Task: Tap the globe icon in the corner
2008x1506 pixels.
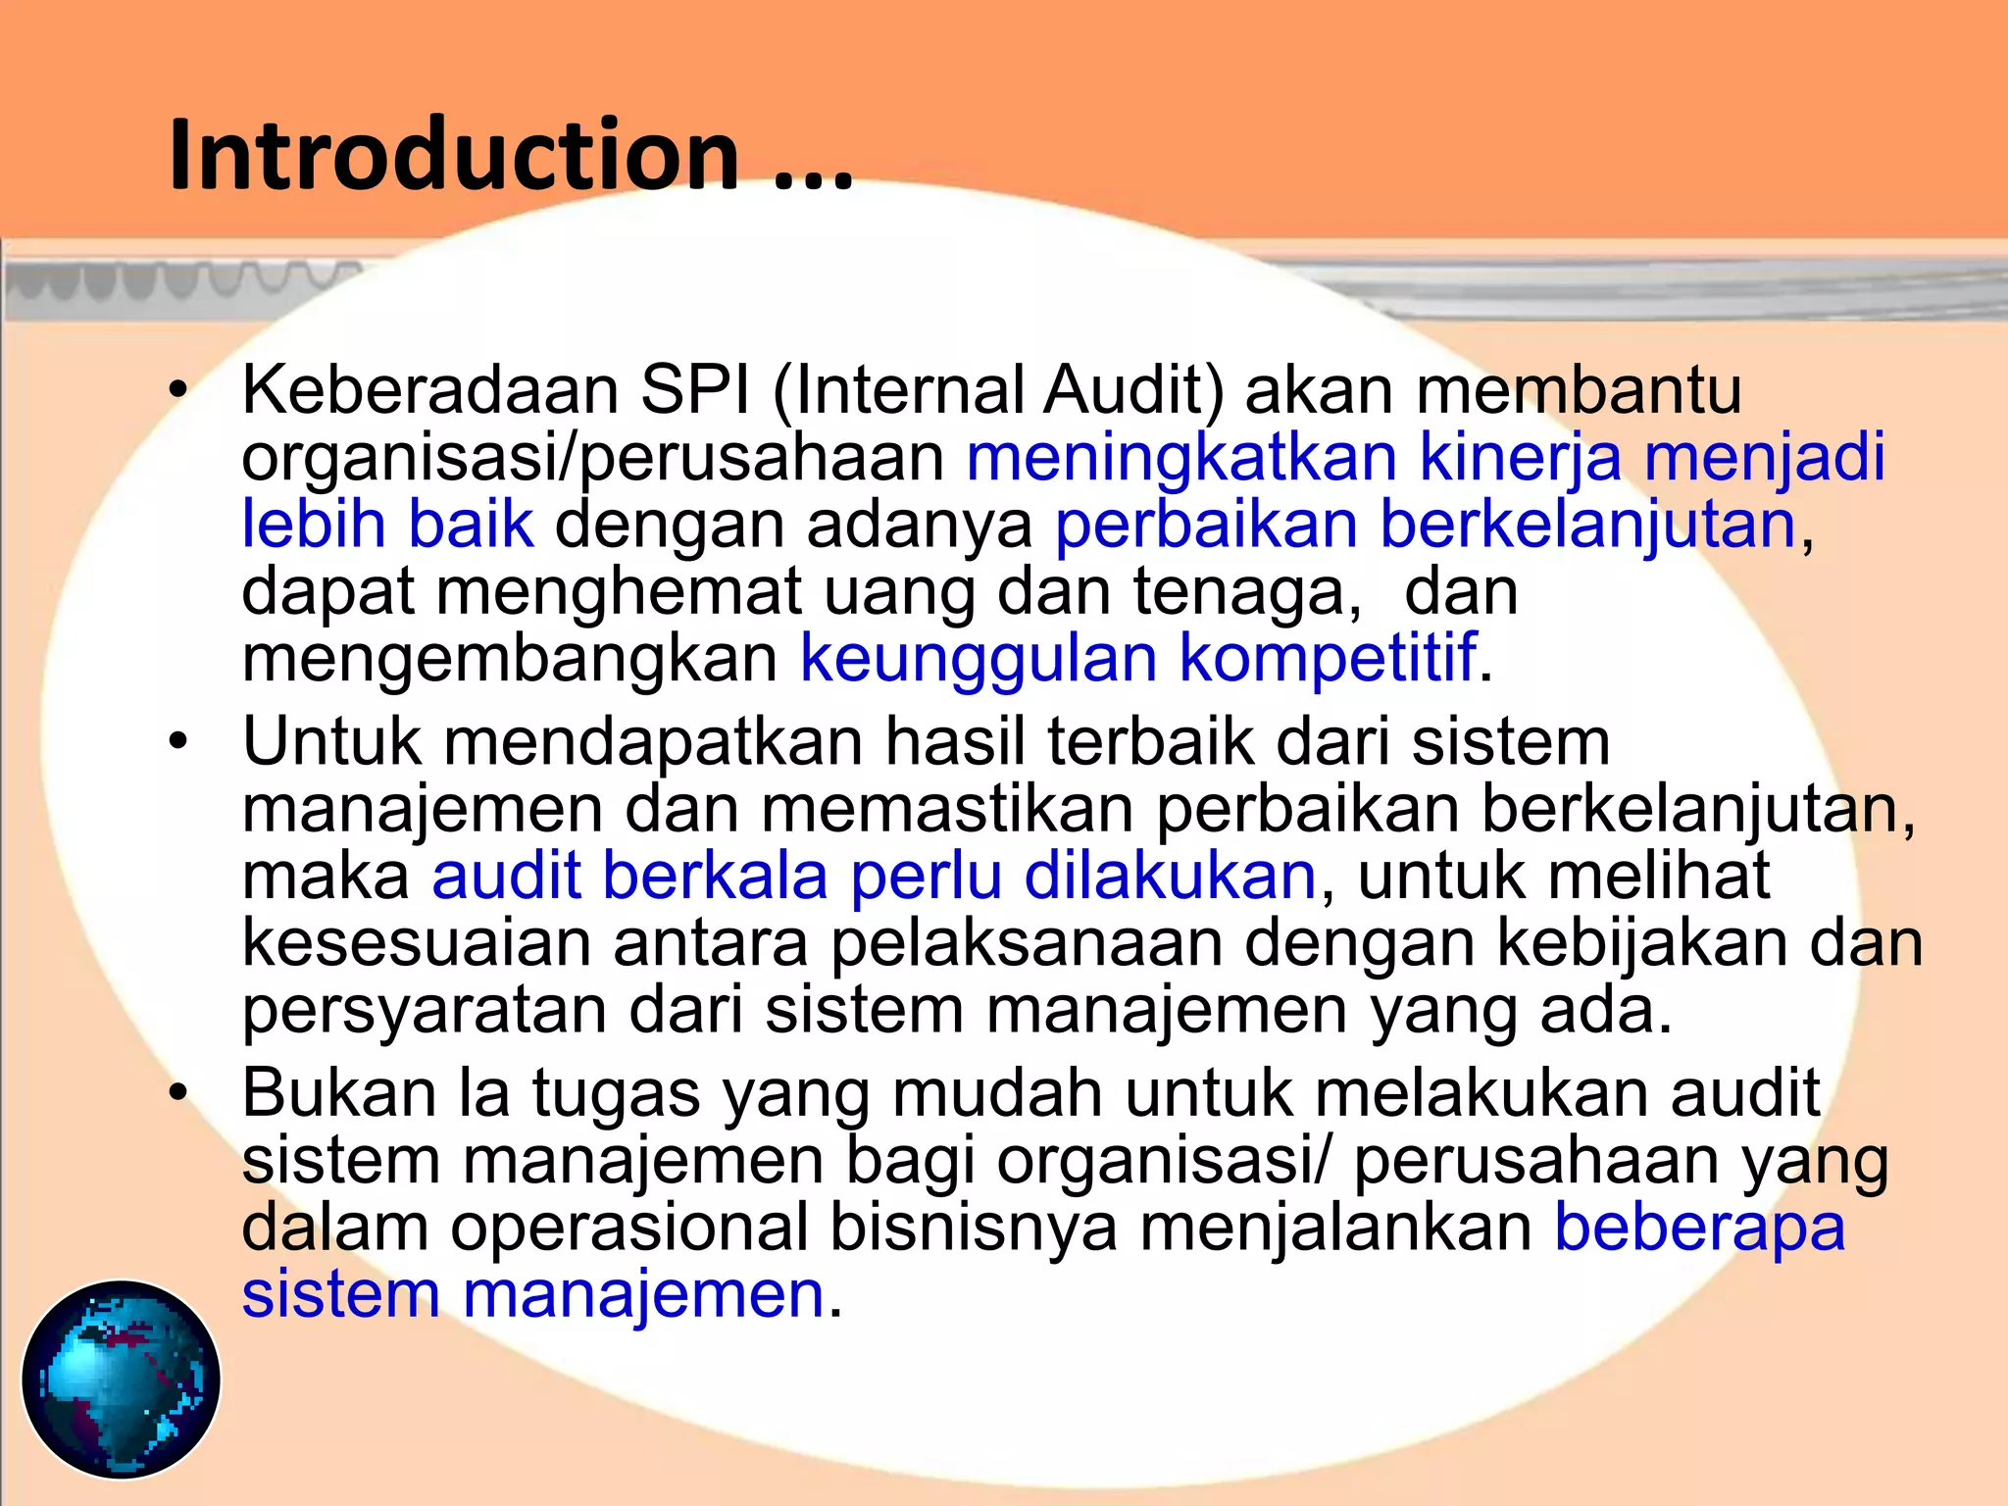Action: click(x=121, y=1379)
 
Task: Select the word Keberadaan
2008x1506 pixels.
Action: click(x=429, y=390)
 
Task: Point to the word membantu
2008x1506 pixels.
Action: click(x=1579, y=390)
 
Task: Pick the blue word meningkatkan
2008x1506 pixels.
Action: click(x=1181, y=458)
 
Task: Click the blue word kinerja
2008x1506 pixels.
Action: click(x=1520, y=458)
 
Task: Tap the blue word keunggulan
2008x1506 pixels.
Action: click(x=979, y=658)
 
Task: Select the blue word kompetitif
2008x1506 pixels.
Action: click(x=1328, y=658)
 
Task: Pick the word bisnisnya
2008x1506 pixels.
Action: click(x=973, y=1228)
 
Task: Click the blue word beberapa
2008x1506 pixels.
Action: click(x=1699, y=1228)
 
